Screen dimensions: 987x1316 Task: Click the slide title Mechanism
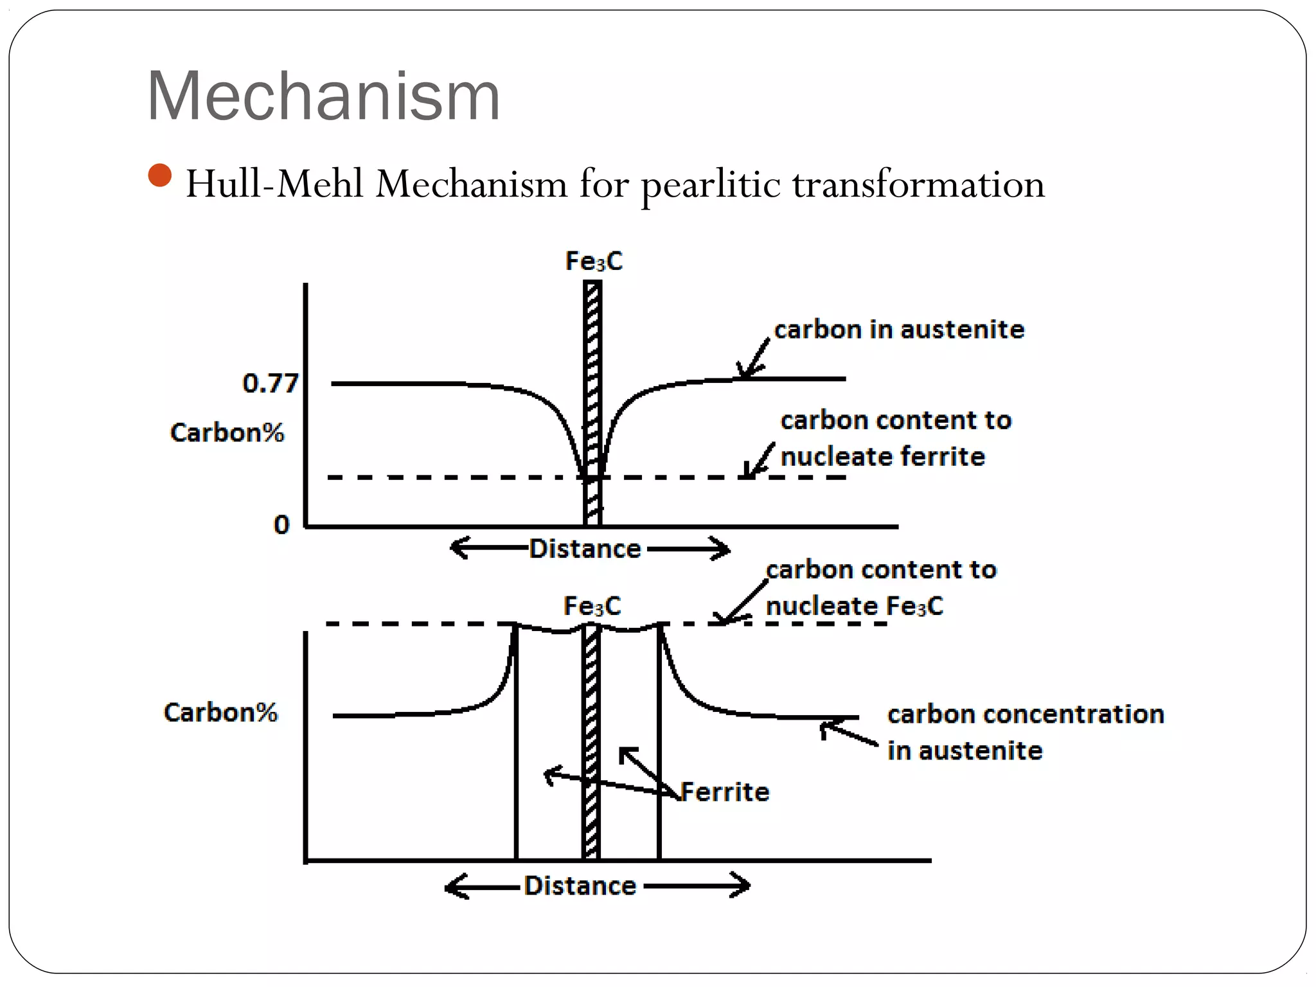[x=323, y=96]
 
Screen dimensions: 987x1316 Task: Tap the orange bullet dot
[x=159, y=175]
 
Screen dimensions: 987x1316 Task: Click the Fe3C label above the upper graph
[x=594, y=262]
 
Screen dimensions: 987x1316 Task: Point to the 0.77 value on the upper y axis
[x=270, y=384]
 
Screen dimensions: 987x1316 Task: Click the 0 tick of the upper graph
[x=281, y=525]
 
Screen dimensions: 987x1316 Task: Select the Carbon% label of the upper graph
[x=227, y=432]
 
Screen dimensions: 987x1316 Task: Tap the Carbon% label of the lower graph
[x=220, y=712]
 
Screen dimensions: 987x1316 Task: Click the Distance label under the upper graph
[x=585, y=549]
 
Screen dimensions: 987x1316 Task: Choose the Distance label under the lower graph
[x=580, y=885]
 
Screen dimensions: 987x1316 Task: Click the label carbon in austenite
[x=898, y=330]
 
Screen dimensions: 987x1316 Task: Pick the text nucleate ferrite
[x=882, y=457]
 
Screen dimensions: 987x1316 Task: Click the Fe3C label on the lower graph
[x=592, y=606]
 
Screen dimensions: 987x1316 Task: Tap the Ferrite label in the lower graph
[x=725, y=792]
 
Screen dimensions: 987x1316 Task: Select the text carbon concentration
[x=1026, y=714]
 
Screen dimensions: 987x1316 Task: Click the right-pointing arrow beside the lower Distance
[x=697, y=885]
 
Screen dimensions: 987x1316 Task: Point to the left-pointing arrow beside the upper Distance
[x=488, y=548]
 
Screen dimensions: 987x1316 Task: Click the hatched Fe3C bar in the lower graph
[x=591, y=739]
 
